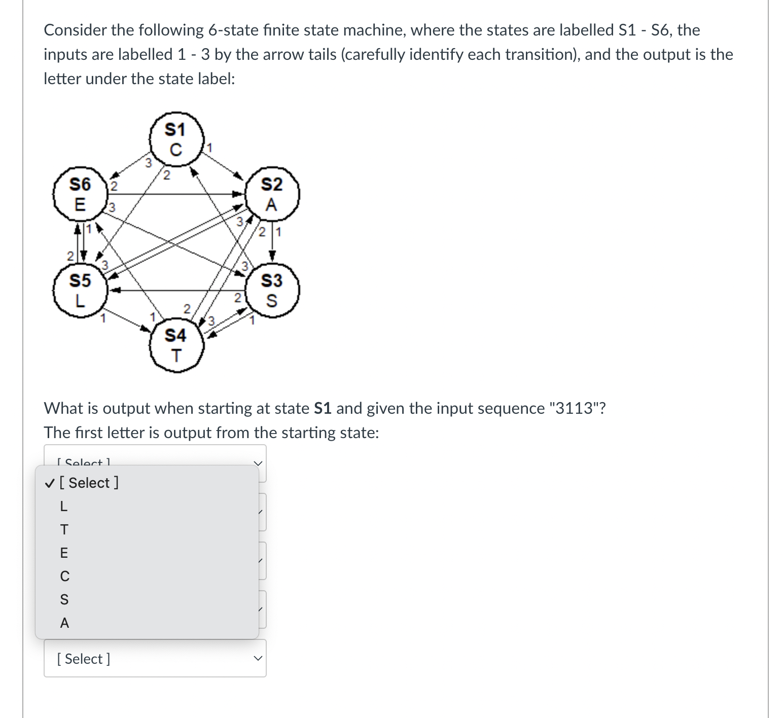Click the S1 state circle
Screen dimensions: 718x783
[x=176, y=139]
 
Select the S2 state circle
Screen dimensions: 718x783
[x=272, y=194]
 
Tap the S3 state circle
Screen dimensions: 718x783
[x=272, y=290]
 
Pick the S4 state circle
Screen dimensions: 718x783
[x=176, y=345]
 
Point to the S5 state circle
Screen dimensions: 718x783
[x=80, y=290]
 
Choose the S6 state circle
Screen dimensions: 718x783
[x=80, y=194]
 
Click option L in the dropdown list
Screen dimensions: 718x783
[x=64, y=506]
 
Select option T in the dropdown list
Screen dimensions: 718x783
[x=64, y=529]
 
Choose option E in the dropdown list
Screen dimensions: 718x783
[x=64, y=553]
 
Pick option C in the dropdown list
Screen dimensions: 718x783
[x=64, y=576]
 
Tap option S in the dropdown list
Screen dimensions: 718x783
[x=64, y=599]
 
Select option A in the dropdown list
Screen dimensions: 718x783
[x=64, y=623]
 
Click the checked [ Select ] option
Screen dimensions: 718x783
[x=88, y=483]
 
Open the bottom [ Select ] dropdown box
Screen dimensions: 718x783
[x=155, y=658]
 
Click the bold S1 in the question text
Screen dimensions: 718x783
[x=323, y=408]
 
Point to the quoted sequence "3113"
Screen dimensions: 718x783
[x=574, y=408]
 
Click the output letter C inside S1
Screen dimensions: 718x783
[x=175, y=150]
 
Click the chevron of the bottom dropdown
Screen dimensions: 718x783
[x=258, y=659]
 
